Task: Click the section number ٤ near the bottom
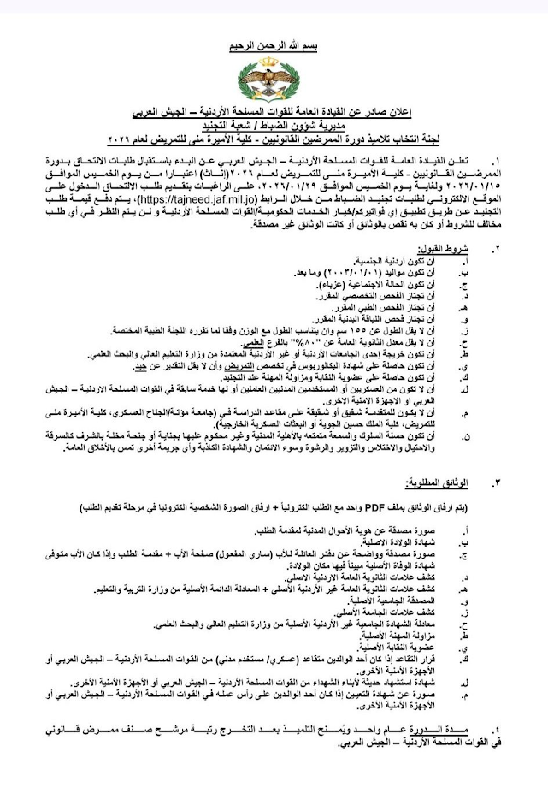[498, 726]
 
